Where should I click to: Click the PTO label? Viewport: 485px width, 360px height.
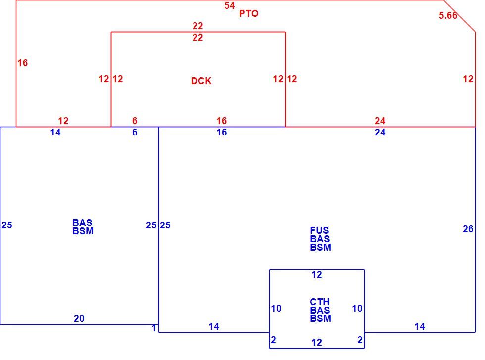click(x=248, y=13)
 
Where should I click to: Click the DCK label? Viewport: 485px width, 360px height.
click(x=201, y=81)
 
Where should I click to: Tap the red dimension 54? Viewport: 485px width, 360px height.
click(x=230, y=5)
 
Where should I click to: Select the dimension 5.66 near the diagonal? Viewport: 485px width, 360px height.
click(x=448, y=15)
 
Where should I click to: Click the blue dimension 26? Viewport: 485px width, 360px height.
click(x=468, y=229)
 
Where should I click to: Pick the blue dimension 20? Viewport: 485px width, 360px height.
click(x=79, y=318)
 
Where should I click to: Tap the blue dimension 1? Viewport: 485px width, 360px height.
click(x=154, y=328)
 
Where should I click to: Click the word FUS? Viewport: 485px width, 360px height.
click(x=320, y=230)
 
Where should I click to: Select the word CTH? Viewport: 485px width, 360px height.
click(x=320, y=302)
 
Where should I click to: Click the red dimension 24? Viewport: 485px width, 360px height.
click(x=380, y=121)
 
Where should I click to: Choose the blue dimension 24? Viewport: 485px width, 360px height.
click(x=380, y=132)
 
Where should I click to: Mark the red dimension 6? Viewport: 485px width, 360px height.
click(x=135, y=121)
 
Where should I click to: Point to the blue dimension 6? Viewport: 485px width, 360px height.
click(x=135, y=132)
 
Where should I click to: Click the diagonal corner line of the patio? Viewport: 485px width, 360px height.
click(x=460, y=16)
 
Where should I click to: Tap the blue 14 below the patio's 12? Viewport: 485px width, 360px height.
click(x=55, y=132)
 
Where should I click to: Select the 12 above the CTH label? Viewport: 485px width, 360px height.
click(x=317, y=275)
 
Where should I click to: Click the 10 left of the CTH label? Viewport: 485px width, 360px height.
click(x=276, y=308)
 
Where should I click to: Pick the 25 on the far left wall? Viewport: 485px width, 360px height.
click(x=7, y=225)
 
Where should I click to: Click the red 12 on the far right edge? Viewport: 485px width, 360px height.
click(x=468, y=79)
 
